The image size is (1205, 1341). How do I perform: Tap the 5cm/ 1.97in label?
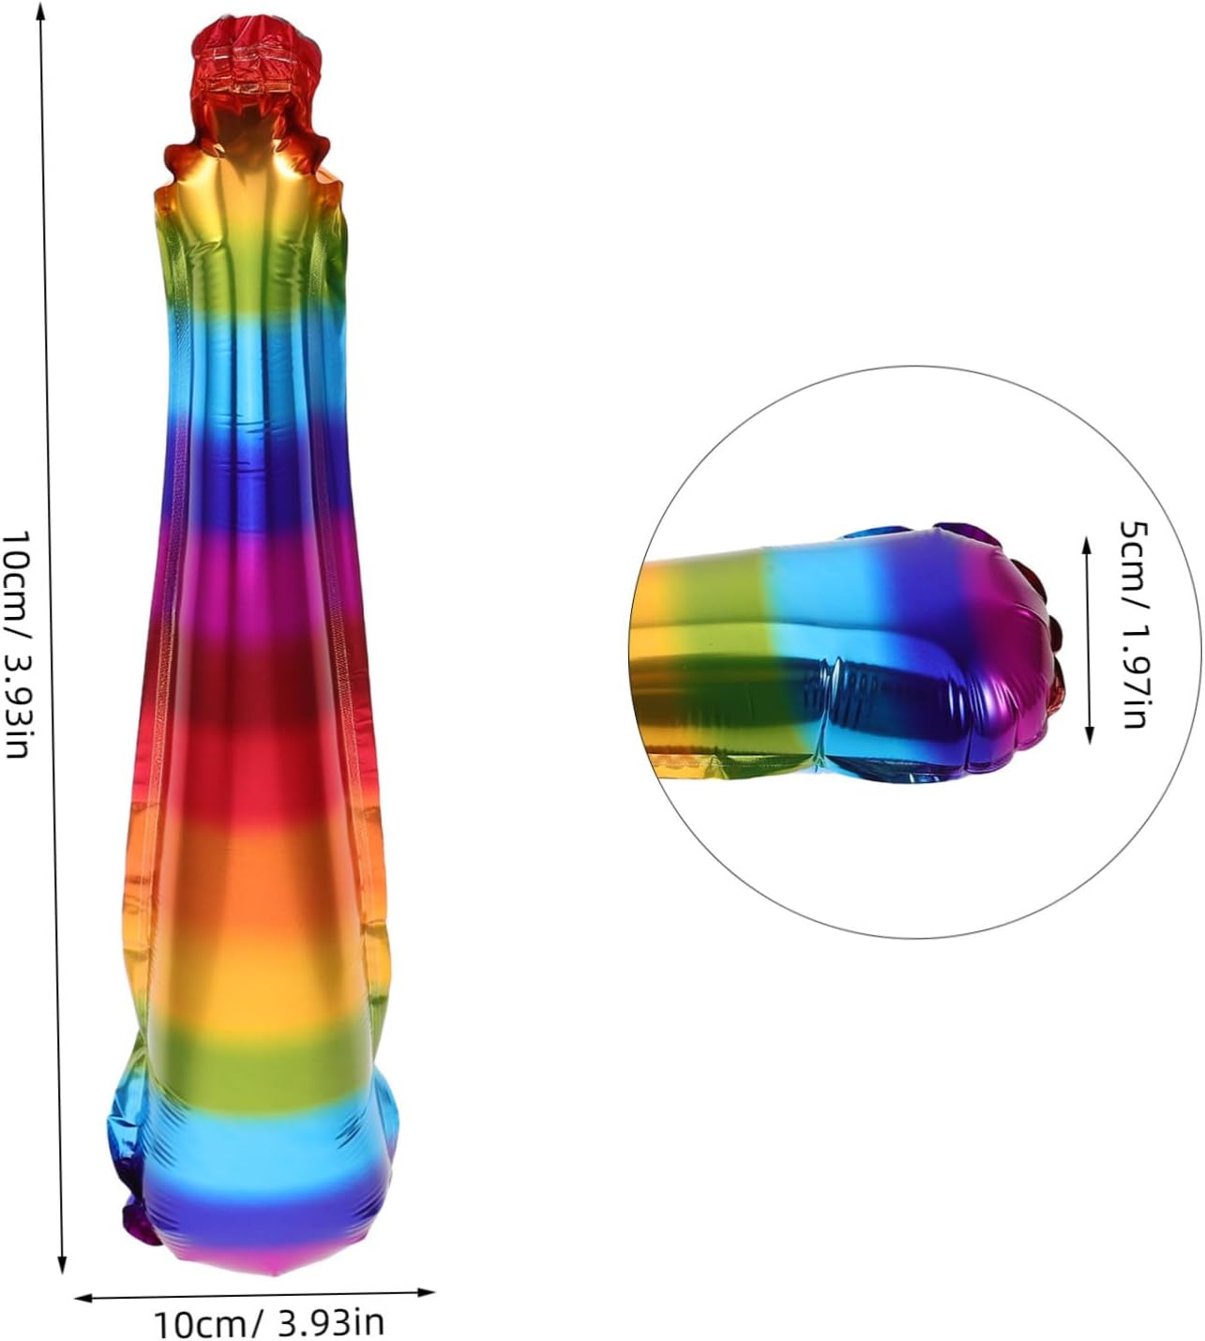point(1134,625)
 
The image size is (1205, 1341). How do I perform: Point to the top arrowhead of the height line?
point(40,8)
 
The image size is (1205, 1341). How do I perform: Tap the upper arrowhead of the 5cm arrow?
point(1087,546)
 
